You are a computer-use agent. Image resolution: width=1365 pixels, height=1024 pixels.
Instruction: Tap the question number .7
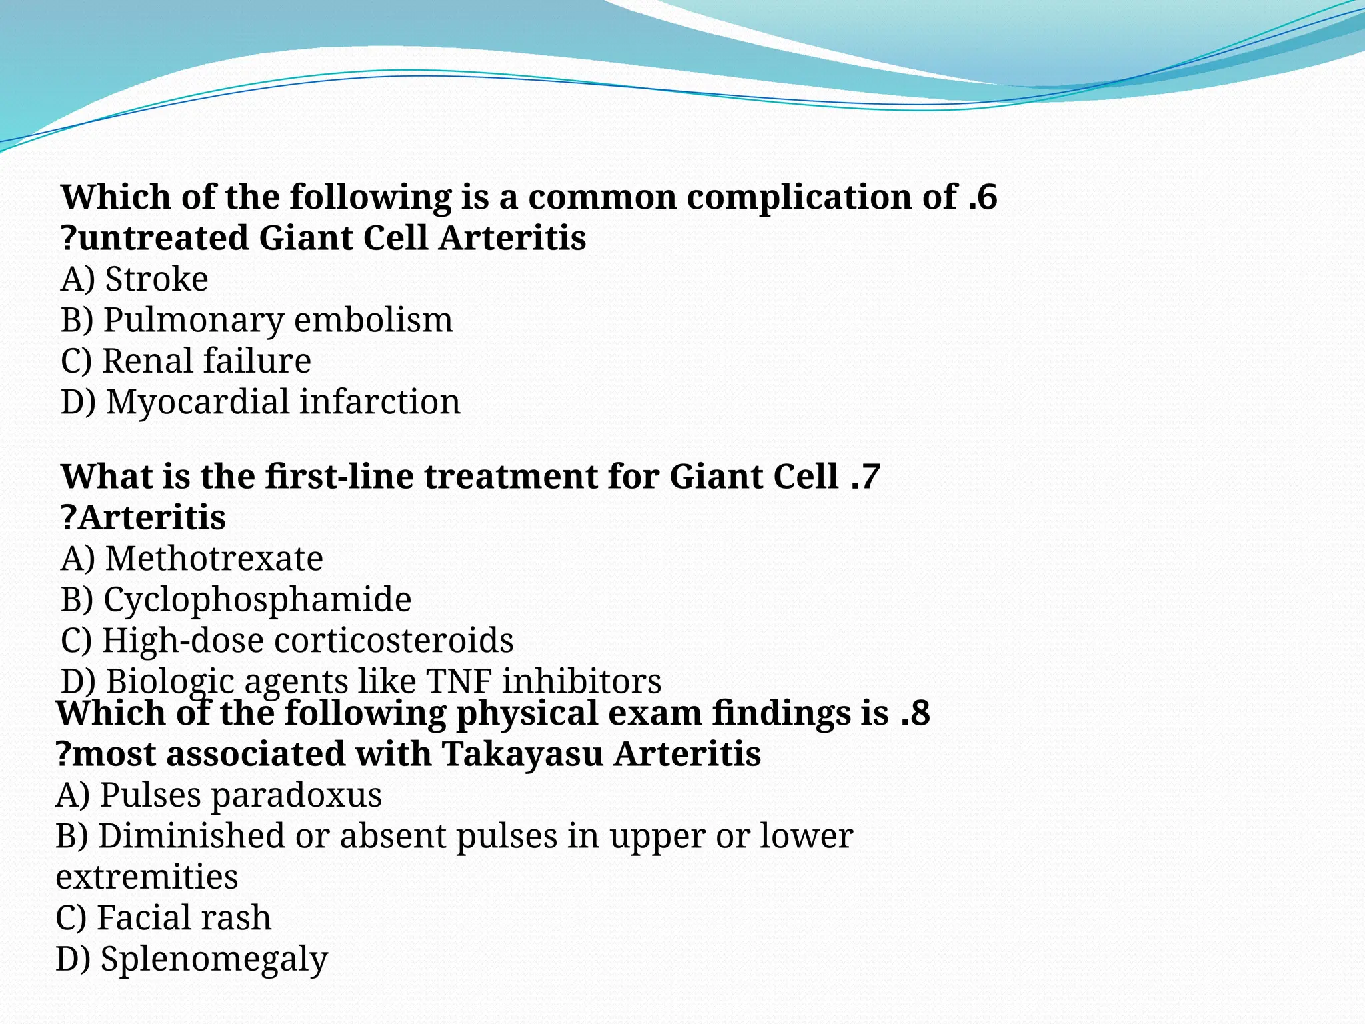pos(866,477)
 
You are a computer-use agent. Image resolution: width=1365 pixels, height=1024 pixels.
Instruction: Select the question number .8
pos(915,714)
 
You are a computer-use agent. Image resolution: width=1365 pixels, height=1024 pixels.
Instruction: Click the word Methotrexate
pos(214,559)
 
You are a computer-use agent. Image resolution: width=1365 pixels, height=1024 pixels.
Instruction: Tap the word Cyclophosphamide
pos(257,600)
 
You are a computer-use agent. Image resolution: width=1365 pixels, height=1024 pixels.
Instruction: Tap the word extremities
pos(147,877)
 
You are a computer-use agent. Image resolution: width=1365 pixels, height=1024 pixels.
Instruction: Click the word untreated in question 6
pos(163,239)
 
